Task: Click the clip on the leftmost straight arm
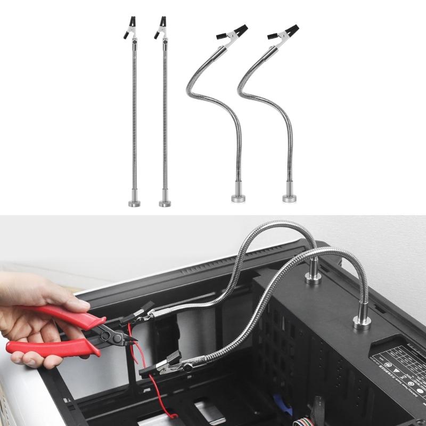pos(130,28)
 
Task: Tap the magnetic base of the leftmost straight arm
pos(134,202)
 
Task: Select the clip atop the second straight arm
pos(161,28)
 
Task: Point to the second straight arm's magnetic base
pos(165,202)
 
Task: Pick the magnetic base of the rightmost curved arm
pos(290,198)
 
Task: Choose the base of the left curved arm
pos(239,198)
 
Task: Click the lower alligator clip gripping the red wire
pos(165,367)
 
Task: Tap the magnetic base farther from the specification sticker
pos(313,277)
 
